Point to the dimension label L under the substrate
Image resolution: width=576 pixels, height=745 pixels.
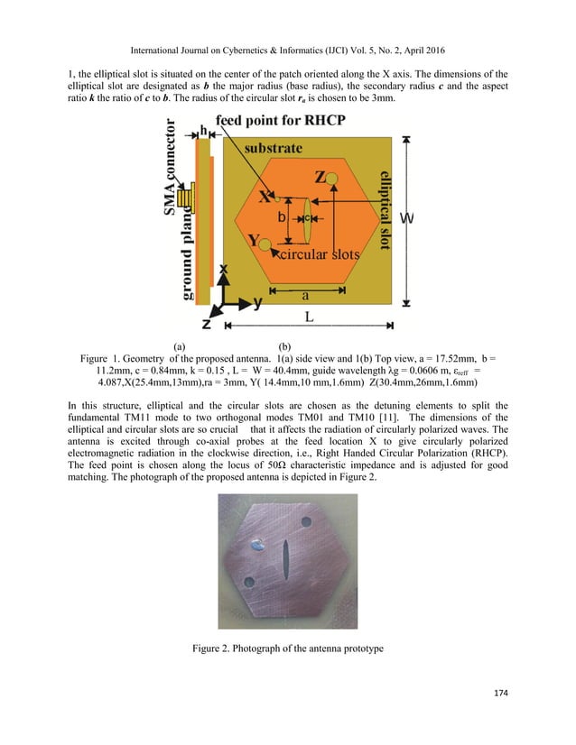(309, 318)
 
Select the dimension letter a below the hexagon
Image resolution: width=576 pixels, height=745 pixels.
(306, 294)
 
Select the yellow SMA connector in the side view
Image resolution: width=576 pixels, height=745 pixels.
(187, 197)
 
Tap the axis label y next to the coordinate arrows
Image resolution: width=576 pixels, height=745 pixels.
(257, 303)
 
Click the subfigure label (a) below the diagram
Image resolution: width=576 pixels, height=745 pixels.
(180, 345)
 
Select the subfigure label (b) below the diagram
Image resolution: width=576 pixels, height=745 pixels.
(285, 345)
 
